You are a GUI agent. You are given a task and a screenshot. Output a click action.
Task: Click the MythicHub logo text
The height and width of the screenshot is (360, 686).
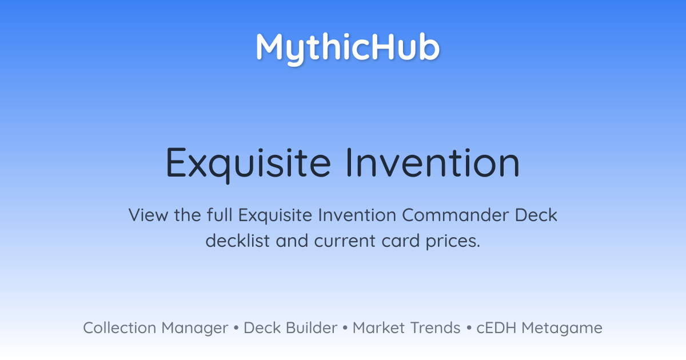(348, 49)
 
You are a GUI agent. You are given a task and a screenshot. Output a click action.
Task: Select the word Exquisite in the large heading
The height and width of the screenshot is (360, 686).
(248, 165)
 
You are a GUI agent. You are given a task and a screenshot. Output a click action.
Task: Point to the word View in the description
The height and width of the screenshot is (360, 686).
(148, 215)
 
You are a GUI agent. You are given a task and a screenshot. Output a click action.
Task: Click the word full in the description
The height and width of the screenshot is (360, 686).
(220, 215)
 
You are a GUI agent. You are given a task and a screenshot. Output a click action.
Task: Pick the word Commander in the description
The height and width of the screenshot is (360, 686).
(455, 215)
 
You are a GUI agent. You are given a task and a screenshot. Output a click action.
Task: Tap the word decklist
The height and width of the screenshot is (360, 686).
(238, 241)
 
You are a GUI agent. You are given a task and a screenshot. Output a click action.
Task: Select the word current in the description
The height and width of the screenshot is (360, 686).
(345, 241)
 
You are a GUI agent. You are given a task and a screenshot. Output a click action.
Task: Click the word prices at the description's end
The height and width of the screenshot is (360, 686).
(453, 242)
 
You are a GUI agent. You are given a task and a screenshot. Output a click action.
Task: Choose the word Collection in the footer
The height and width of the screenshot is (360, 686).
(119, 327)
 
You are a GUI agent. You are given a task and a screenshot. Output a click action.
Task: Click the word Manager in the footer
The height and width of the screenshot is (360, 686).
(195, 329)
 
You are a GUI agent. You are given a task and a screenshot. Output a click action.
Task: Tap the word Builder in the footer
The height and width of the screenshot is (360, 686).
(312, 327)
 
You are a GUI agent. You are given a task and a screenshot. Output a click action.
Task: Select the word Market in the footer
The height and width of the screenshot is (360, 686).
(378, 327)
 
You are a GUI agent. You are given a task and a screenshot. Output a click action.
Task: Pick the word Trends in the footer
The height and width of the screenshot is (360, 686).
(435, 327)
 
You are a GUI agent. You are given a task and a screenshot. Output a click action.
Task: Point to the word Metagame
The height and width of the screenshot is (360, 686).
(562, 329)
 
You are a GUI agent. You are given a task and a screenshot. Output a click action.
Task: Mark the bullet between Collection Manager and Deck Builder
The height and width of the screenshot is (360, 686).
(236, 328)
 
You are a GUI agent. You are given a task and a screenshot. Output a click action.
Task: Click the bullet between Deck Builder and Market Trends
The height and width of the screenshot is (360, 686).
(345, 328)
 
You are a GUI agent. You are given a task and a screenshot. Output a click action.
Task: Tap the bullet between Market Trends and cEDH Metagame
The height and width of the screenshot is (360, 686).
(469, 328)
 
